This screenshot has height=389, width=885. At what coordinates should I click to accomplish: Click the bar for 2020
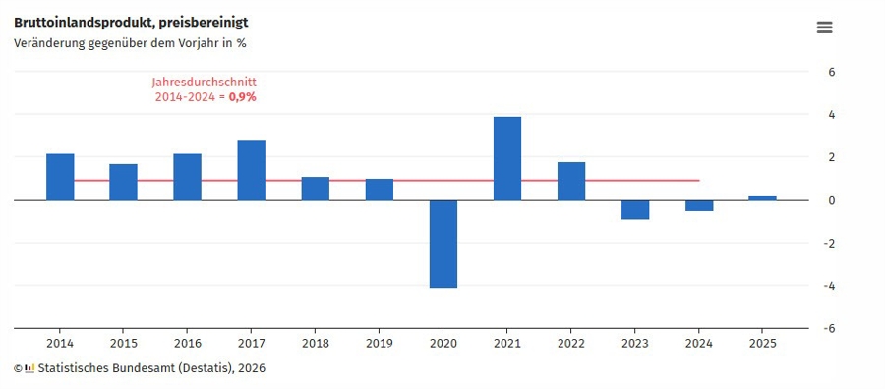pos(442,244)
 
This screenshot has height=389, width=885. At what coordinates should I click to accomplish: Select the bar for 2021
pos(507,158)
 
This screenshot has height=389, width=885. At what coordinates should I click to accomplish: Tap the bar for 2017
pos(251,170)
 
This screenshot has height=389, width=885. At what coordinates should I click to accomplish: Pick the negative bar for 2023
pos(635,209)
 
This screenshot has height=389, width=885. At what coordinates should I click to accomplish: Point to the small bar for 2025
pos(762,198)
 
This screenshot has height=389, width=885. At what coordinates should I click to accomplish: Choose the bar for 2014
pos(60,177)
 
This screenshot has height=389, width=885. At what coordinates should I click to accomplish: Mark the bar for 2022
pos(571,181)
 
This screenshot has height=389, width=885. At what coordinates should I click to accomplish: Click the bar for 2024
pos(699,205)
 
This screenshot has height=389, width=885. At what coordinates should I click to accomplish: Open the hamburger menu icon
pos(825,28)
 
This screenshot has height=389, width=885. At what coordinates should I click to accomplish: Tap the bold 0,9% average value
pos(243,97)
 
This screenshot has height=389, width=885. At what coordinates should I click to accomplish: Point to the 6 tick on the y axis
pos(832,72)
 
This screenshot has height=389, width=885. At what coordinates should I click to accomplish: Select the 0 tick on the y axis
pos(832,200)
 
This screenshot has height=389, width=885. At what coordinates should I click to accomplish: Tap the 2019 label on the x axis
pos(379,343)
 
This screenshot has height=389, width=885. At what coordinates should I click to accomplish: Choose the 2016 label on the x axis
pos(187,343)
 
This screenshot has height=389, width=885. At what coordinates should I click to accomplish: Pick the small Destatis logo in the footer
pos(29,368)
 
